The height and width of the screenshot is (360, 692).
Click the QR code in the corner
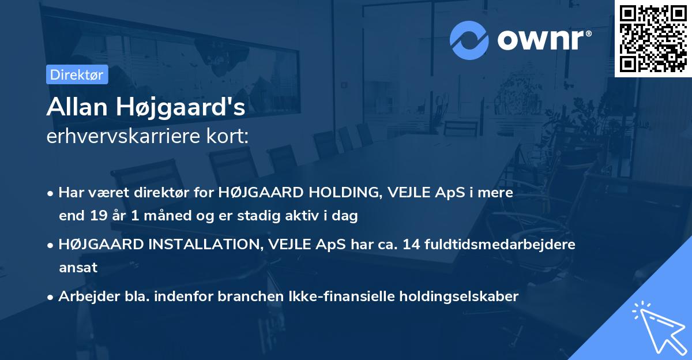(653, 38)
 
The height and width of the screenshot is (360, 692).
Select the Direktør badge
(77, 74)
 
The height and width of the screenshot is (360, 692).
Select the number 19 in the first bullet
(97, 216)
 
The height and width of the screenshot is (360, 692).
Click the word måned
(156, 216)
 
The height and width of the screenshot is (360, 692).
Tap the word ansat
(78, 268)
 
